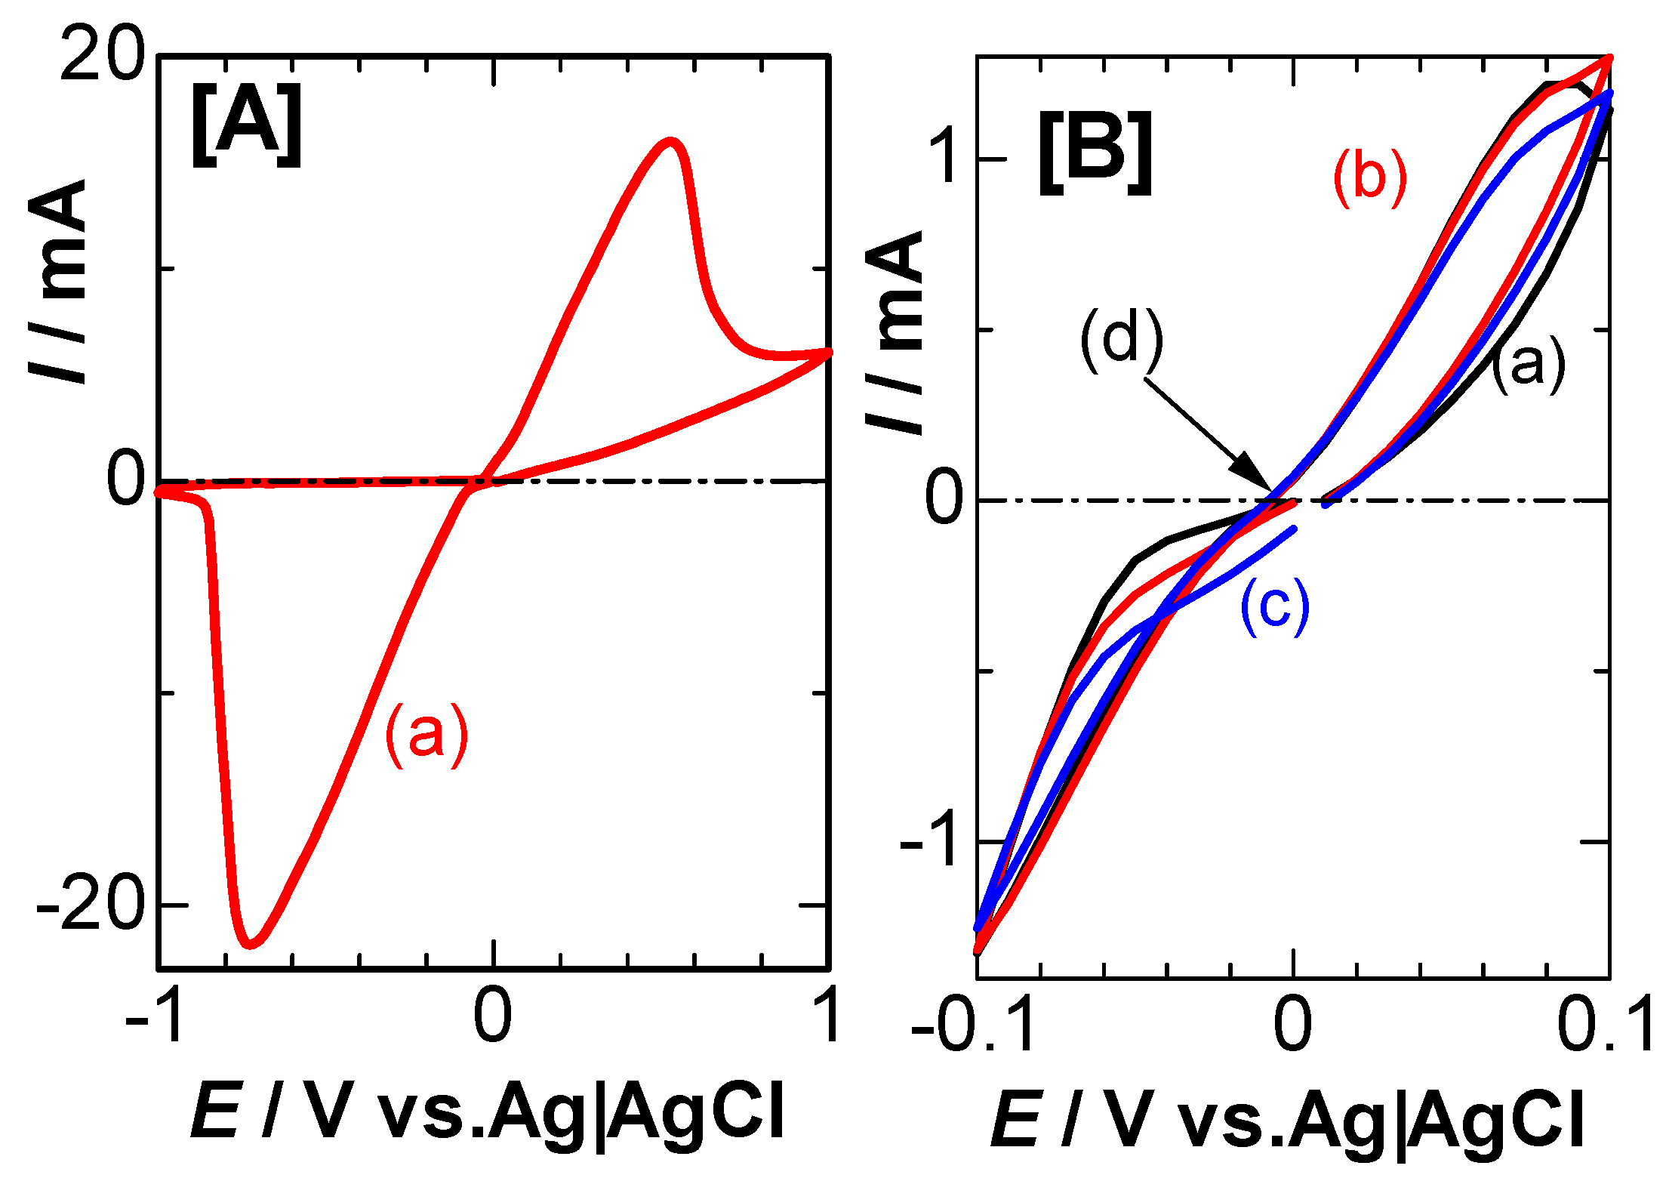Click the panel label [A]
click(x=246, y=125)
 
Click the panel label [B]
click(x=1095, y=153)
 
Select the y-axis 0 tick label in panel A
click(x=125, y=480)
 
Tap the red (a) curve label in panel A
click(x=426, y=735)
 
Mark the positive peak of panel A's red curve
click(x=670, y=141)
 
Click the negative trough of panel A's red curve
click(x=251, y=944)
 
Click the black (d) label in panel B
click(x=1122, y=341)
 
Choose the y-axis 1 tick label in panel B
click(x=944, y=159)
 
